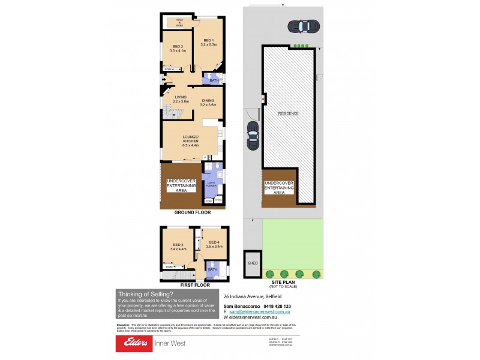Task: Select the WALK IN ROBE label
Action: click(179, 23)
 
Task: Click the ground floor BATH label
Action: click(213, 80)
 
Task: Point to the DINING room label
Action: click(208, 100)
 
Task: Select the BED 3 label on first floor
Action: click(178, 244)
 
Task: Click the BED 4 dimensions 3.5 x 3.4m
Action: click(214, 247)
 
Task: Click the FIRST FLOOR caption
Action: click(194, 284)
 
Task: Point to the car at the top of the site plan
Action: click(303, 27)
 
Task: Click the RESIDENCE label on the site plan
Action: click(287, 113)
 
